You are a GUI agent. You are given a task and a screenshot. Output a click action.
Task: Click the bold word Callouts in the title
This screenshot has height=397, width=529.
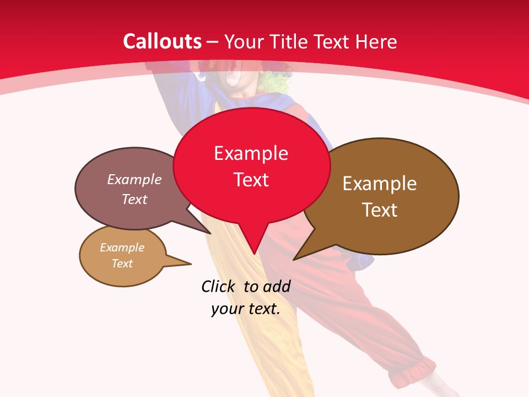point(163,41)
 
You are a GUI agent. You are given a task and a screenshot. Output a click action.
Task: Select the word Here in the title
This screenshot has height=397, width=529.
point(376,41)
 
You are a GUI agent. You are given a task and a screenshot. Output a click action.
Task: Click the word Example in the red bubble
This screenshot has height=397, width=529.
point(251,153)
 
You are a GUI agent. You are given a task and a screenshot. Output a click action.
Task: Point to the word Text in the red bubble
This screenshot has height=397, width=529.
point(251,180)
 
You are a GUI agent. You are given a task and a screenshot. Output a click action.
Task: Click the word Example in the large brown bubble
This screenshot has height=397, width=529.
point(380,184)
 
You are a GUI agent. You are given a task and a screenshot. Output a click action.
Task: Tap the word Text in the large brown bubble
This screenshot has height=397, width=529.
point(380,210)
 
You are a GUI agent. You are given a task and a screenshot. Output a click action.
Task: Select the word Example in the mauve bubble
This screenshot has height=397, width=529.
point(134,180)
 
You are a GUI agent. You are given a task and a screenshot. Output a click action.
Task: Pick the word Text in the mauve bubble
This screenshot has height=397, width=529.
point(134,200)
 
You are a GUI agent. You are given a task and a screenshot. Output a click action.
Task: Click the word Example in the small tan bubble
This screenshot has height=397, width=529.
point(122,248)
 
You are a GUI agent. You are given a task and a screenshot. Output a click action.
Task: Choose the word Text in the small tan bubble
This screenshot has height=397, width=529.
point(122,264)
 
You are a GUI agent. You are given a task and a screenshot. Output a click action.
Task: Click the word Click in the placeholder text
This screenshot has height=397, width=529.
point(218,286)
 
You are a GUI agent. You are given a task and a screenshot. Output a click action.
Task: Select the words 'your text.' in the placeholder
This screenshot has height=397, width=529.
point(246,309)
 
